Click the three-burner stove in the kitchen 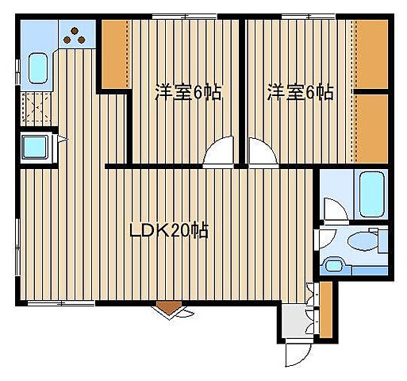(76, 34)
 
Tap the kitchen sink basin (37, 68)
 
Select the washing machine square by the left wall (35, 148)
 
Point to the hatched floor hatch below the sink (35, 108)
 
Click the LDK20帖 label (169, 232)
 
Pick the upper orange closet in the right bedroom (370, 53)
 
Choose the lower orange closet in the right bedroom (370, 127)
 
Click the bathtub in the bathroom (371, 194)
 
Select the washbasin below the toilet (334, 265)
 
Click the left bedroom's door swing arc (218, 154)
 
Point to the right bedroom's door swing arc (259, 152)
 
